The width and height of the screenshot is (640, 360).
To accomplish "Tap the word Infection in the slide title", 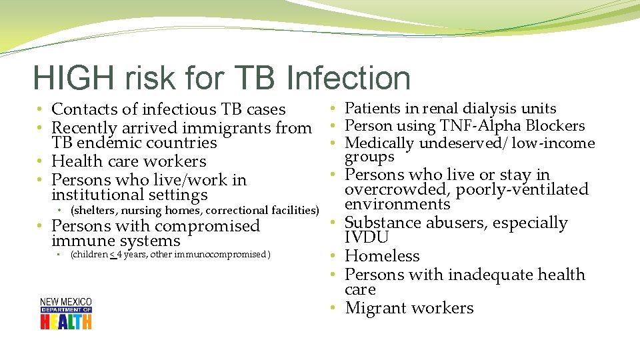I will (349, 78).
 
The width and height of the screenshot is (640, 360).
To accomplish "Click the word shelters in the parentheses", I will (95, 211).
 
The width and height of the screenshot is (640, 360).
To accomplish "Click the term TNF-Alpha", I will (485, 126).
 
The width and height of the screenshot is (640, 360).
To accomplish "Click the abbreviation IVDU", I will (367, 238).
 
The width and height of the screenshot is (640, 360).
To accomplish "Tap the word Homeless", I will (382, 256).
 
